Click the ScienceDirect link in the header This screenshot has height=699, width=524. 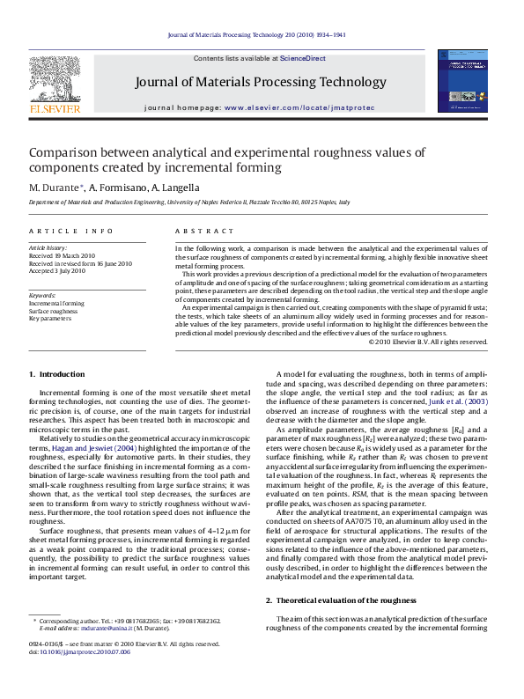point(302,58)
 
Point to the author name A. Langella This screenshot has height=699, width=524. point(174,188)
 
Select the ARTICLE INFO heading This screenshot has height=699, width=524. point(70,231)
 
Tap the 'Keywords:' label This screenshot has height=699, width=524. point(42,295)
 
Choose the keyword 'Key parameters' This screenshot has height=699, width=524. point(48,319)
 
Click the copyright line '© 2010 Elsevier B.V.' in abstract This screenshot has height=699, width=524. point(427,342)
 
